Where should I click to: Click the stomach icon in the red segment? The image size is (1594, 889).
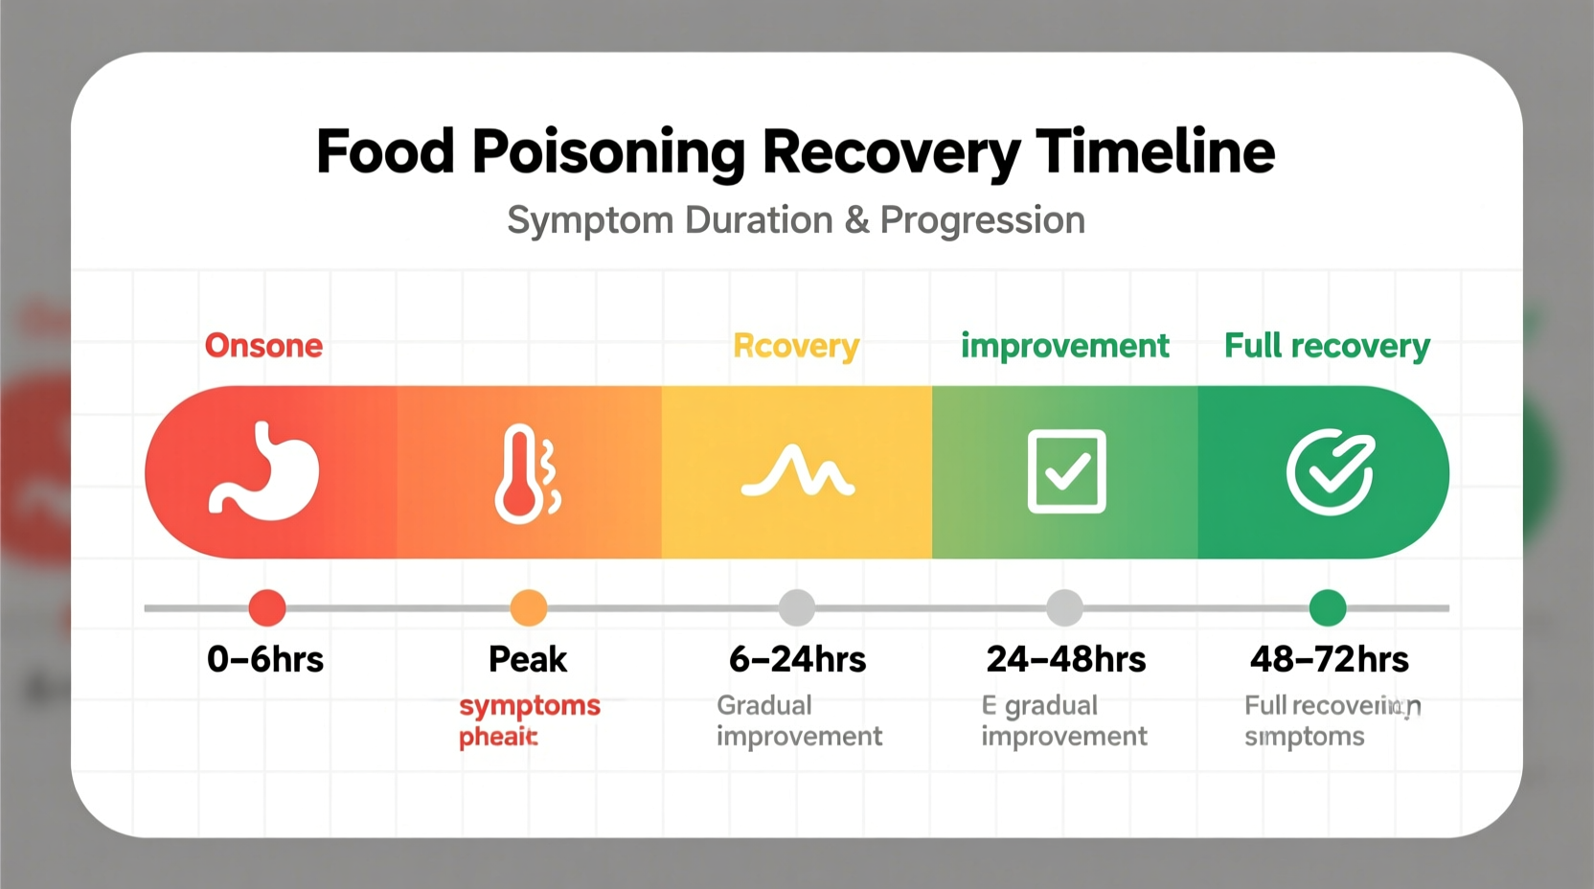[x=264, y=471]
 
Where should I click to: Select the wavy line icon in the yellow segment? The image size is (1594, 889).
[x=798, y=471]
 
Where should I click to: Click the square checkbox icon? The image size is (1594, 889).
[x=1066, y=471]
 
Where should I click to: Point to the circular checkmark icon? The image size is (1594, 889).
[x=1330, y=471]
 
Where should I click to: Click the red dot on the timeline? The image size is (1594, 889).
[x=267, y=607]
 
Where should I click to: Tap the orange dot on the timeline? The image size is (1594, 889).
[x=529, y=607]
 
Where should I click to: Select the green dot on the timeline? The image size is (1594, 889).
[x=1328, y=607]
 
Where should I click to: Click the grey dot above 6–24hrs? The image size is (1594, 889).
[x=797, y=607]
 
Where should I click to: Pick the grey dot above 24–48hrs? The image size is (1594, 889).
[x=1064, y=607]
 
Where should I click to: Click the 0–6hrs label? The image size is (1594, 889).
[x=265, y=659]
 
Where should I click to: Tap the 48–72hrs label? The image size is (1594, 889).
[x=1329, y=659]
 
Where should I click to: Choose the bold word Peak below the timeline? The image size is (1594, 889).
[x=528, y=659]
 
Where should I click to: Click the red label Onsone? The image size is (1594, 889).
[x=263, y=345]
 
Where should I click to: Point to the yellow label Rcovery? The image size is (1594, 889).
[x=796, y=346]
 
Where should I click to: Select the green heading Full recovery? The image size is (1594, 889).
[x=1327, y=346]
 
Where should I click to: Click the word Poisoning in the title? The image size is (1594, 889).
[x=608, y=153]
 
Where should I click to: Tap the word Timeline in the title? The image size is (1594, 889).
[x=1155, y=151]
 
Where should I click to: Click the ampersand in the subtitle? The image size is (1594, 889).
[x=856, y=220]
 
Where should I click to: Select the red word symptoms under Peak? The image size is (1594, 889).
[x=530, y=707]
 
